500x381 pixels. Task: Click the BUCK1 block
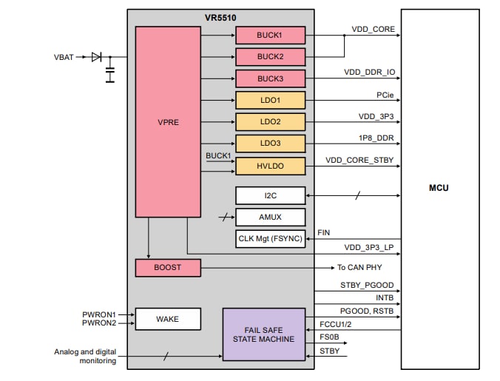[270, 35]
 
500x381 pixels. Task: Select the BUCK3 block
[270, 78]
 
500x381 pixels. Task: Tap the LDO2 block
[270, 122]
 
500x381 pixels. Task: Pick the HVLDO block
[270, 166]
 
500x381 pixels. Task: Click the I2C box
[270, 195]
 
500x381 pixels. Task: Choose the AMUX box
[270, 217]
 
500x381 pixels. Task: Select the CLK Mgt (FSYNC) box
[270, 239]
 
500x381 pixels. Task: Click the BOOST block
[168, 267]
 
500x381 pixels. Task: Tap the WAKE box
[168, 319]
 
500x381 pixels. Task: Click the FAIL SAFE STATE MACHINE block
[264, 334]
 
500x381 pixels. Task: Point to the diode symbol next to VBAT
[96, 57]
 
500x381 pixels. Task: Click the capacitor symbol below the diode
[110, 74]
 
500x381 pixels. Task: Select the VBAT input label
[64, 57]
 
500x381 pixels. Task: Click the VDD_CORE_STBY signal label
[359, 160]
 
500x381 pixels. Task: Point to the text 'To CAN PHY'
[360, 267]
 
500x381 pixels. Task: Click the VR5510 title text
[220, 16]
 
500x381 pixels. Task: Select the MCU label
[439, 188]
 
